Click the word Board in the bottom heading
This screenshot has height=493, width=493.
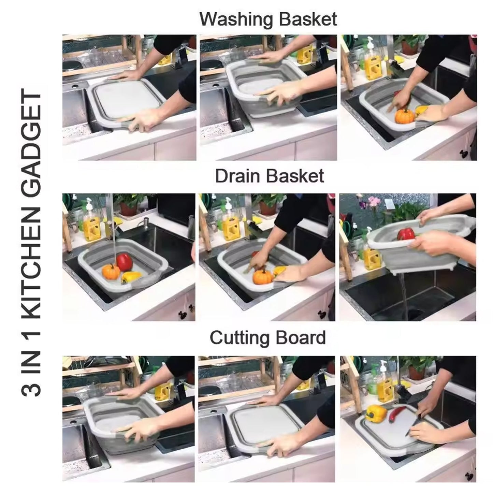coord(301,337)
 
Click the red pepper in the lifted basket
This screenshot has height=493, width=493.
coord(406,234)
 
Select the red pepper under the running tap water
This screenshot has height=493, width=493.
coord(124,262)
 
